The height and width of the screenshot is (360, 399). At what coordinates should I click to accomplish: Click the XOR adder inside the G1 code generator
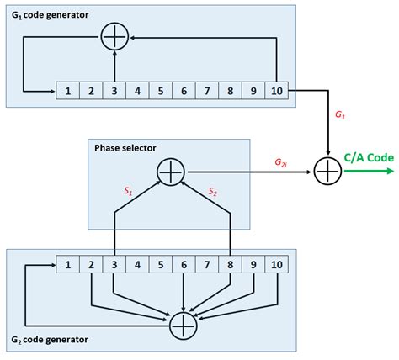click(x=113, y=36)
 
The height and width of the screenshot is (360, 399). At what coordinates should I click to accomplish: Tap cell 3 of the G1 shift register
click(x=113, y=88)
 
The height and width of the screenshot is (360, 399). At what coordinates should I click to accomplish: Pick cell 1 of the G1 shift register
click(x=66, y=88)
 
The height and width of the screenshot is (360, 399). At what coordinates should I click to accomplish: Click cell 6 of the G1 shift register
click(x=182, y=88)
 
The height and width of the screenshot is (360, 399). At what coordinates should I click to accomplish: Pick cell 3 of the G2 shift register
click(x=113, y=267)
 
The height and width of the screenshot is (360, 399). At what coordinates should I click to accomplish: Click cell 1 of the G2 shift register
click(x=66, y=267)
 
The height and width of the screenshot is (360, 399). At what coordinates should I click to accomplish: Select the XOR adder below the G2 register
click(x=182, y=323)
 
